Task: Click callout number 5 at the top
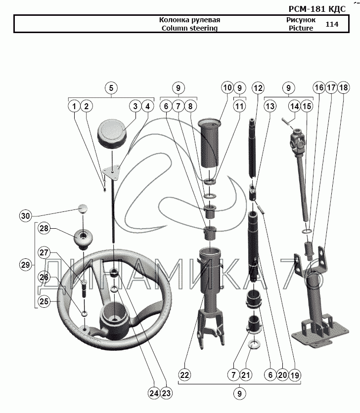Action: click(111, 88)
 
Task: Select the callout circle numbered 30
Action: click(26, 215)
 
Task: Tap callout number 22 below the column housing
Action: click(184, 375)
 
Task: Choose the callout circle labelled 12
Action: click(258, 88)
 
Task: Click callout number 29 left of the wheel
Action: click(26, 265)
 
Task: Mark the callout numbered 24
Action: click(154, 394)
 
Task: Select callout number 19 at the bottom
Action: click(295, 375)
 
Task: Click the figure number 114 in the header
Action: click(332, 24)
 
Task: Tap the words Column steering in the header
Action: click(189, 28)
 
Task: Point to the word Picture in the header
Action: click(301, 28)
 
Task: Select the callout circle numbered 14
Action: click(295, 106)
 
